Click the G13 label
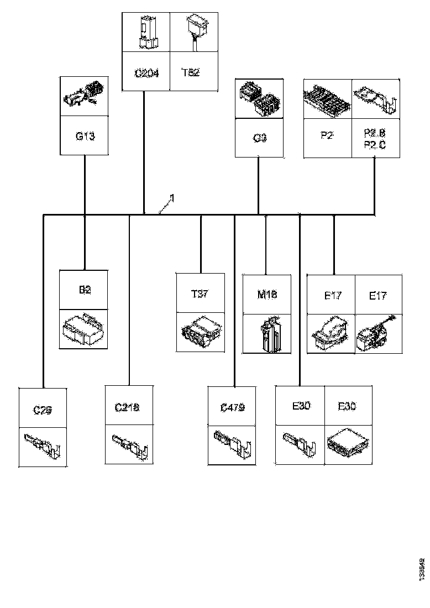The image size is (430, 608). click(x=85, y=136)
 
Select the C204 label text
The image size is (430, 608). click(x=146, y=72)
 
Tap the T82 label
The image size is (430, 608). click(x=190, y=72)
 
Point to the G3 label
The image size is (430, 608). click(x=259, y=138)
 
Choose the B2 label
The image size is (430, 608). click(x=84, y=290)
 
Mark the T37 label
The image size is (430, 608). click(x=200, y=294)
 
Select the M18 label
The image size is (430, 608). click(x=267, y=294)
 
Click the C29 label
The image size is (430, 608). click(x=43, y=410)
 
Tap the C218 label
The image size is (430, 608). click(x=128, y=407)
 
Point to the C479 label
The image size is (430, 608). click(x=232, y=407)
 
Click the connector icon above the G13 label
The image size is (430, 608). click(x=85, y=97)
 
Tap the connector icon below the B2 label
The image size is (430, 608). click(x=84, y=329)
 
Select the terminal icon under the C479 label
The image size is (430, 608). click(x=232, y=444)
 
